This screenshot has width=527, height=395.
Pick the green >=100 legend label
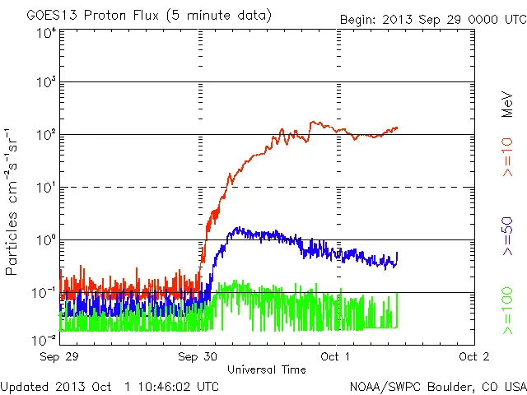click(x=507, y=313)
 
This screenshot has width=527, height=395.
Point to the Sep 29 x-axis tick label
click(x=58, y=356)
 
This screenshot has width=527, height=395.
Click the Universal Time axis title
click(x=267, y=369)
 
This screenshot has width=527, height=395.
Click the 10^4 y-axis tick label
click(x=45, y=33)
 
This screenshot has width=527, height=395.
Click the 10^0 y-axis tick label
click(x=45, y=241)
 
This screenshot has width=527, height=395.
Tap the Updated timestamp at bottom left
click(x=110, y=385)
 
